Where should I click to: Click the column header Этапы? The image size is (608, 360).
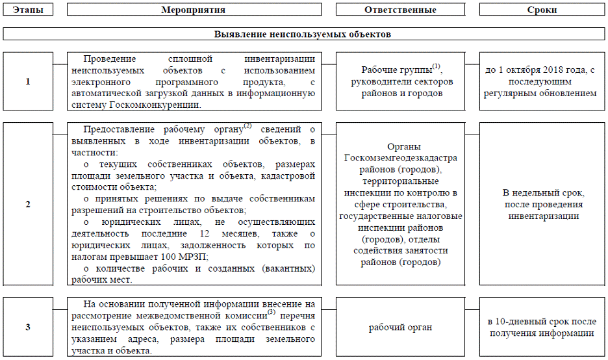(x=27, y=10)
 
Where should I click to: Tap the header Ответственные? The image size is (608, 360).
(x=399, y=10)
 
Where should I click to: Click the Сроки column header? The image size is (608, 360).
(x=542, y=10)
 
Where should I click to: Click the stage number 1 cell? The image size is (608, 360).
(x=27, y=82)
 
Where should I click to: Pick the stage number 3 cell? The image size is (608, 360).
(x=27, y=327)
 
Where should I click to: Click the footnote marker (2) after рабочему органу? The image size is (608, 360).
(x=247, y=125)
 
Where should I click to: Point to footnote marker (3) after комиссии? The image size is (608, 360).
(x=272, y=312)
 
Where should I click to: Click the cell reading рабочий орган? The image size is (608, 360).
(x=400, y=328)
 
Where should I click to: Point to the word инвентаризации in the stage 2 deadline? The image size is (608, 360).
(x=544, y=216)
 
